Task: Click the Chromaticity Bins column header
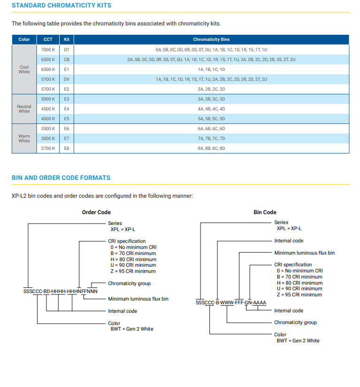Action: pos(211,39)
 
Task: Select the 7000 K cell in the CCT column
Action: pos(48,50)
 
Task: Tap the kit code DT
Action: pos(67,50)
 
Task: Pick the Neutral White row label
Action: pos(24,109)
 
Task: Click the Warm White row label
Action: pos(24,139)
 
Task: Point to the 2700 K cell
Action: pos(48,148)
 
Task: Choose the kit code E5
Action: pos(67,119)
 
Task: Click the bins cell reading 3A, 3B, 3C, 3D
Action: pos(211,99)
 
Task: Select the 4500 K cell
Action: pos(48,109)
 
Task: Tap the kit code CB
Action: pos(67,60)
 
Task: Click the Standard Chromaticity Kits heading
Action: pos(61,6)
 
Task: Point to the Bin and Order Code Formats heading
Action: pos(61,178)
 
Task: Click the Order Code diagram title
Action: pos(96,212)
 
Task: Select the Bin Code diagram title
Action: pos(265,212)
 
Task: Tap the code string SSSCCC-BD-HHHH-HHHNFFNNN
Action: pos(61,292)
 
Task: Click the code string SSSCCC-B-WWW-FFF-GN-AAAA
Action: pos(231,302)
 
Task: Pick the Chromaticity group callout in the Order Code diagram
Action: pos(129,283)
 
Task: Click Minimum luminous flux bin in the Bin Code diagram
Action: pos(305,253)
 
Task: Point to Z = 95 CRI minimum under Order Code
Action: pos(133,271)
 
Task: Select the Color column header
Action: pos(24,39)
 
